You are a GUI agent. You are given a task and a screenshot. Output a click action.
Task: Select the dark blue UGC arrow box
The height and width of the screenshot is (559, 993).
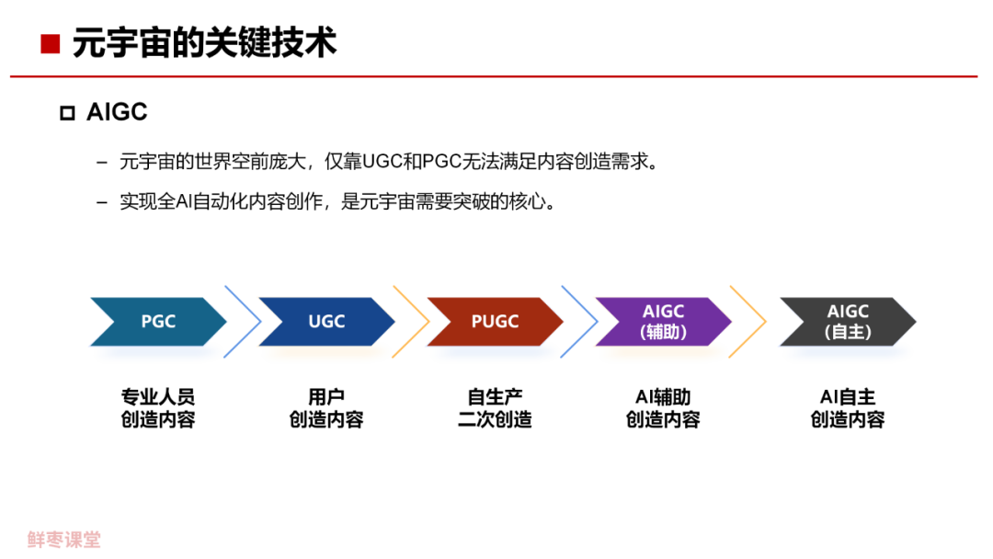coord(326,322)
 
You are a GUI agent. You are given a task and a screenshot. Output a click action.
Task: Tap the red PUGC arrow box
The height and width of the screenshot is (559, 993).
coord(495,322)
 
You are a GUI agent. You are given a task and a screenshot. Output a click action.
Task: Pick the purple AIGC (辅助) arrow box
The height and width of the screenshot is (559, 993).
coord(663,322)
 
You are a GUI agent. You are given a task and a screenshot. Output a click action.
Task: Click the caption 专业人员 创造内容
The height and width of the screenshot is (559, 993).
coord(158,409)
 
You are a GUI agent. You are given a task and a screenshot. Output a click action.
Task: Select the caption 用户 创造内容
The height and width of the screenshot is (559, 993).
coord(326,409)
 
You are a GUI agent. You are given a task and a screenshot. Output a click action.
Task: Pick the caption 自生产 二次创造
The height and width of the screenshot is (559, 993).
coord(495,409)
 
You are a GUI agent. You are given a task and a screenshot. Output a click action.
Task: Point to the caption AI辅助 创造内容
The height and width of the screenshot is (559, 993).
coord(663,409)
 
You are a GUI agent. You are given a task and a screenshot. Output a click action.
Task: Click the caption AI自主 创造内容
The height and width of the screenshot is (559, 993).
coord(848,409)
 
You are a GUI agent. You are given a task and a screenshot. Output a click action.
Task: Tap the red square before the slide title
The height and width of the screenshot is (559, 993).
coord(51,43)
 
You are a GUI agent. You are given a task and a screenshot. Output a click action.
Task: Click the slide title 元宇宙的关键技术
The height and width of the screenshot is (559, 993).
coord(204,43)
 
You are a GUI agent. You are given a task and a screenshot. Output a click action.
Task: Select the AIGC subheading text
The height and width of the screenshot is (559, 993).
coord(117,112)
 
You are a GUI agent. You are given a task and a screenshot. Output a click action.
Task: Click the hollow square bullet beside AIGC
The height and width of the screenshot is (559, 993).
coord(66,113)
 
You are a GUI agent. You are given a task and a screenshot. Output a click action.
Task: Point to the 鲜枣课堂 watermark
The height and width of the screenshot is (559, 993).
coord(63,540)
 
